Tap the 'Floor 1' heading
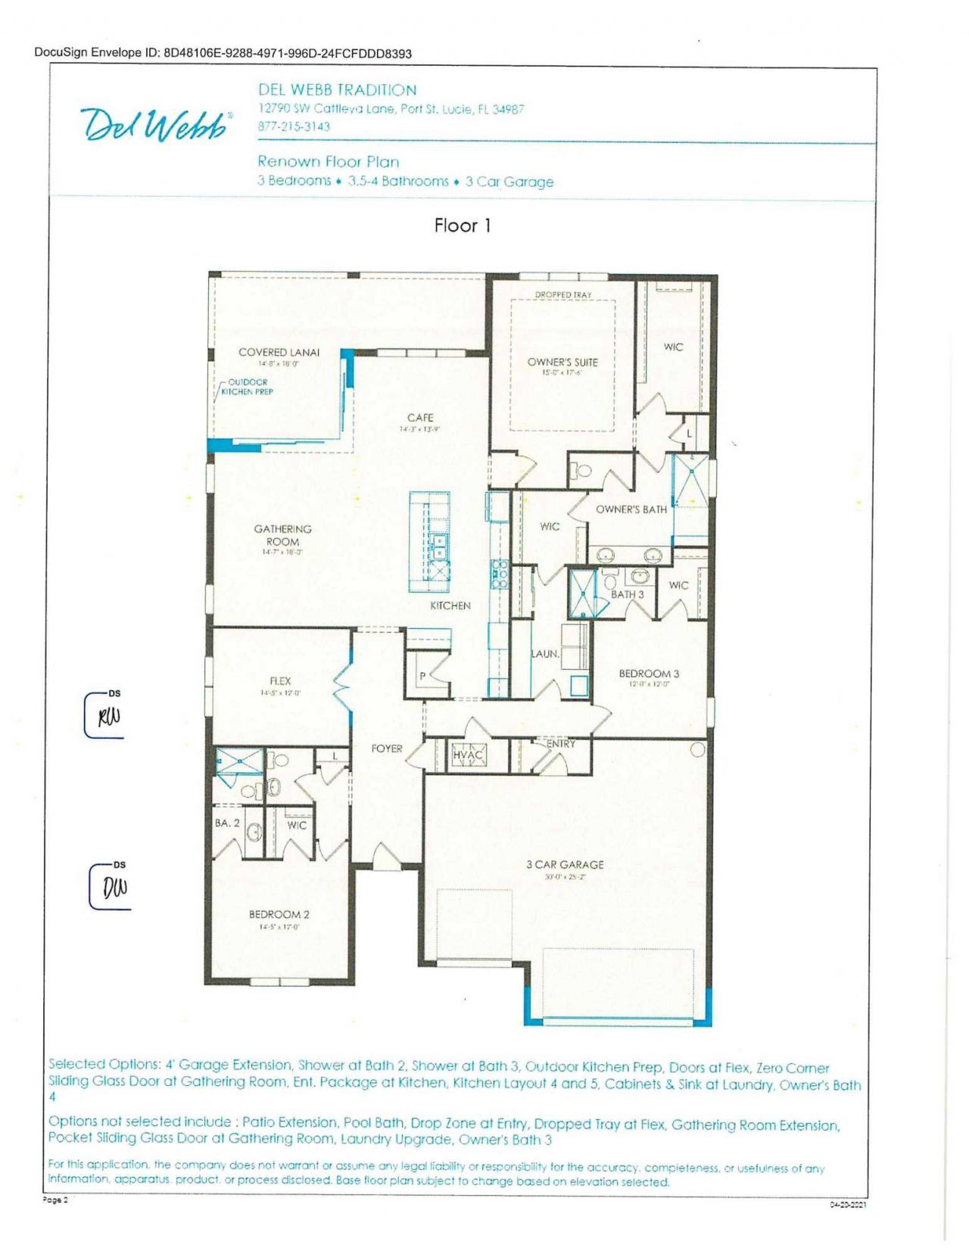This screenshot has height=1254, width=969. point(463,226)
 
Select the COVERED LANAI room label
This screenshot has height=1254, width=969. point(279,352)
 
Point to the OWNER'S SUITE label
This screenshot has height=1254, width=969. point(562,362)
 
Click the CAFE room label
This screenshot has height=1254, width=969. point(420,418)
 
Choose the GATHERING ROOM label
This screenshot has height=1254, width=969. point(282,535)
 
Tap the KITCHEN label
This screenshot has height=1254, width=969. point(450,605)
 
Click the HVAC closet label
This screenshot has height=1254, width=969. point(467,755)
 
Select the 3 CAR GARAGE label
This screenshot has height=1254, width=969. point(565,864)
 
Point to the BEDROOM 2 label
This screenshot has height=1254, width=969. point(279,914)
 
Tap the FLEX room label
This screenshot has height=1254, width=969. point(280,681)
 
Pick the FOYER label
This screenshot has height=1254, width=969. point(387,748)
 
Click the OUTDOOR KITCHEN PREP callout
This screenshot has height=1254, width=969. point(247,387)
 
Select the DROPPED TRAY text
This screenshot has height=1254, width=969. point(563,295)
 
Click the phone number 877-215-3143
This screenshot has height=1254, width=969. point(294,126)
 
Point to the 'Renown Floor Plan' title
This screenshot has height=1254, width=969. point(328,161)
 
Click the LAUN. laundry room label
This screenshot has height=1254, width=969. point(545,653)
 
